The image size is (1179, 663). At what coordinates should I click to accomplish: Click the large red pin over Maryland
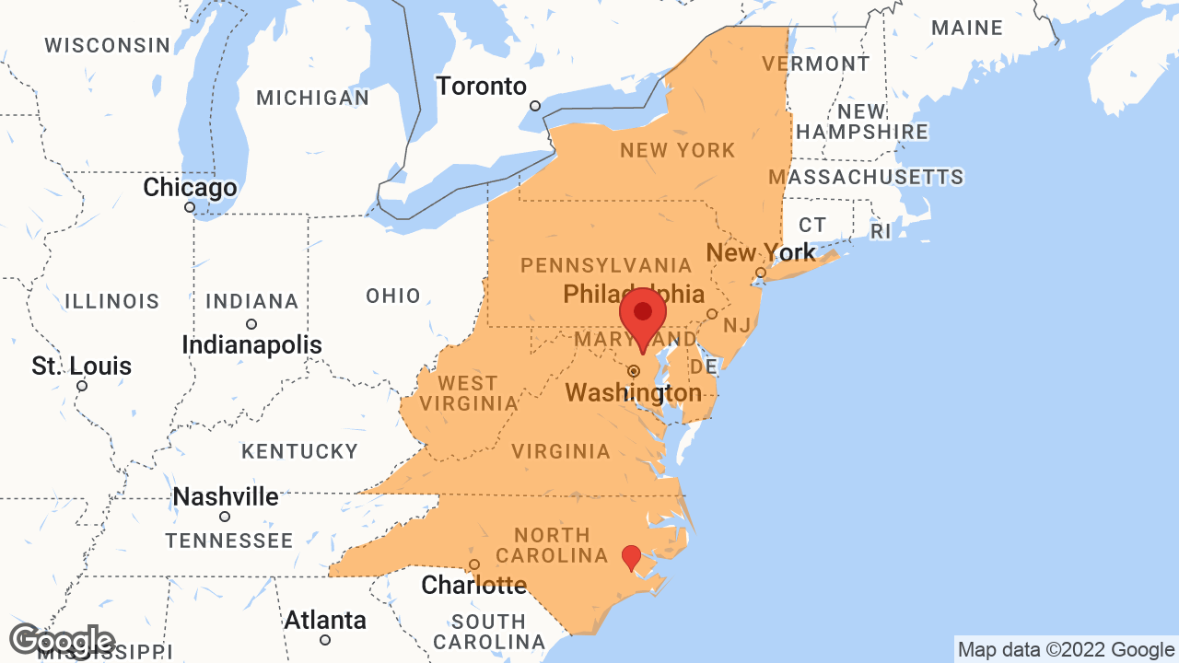643,314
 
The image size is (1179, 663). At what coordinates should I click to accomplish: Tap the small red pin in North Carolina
631,556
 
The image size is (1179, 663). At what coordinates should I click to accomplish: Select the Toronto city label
481,87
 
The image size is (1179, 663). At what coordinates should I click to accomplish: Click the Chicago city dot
190,207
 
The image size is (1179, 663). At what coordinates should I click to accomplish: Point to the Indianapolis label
251,345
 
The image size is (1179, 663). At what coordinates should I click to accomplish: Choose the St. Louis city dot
82,386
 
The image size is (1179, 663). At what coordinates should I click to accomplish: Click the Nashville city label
226,497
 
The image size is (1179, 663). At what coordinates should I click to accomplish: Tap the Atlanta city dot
324,640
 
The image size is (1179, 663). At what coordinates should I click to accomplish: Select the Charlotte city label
473,585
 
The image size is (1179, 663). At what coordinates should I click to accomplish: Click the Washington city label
634,394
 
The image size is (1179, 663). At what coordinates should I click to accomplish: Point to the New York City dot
760,273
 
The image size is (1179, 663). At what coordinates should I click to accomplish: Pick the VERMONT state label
815,64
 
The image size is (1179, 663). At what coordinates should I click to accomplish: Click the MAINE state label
966,28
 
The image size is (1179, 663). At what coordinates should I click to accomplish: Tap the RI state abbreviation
881,231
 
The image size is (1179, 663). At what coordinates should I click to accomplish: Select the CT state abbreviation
812,225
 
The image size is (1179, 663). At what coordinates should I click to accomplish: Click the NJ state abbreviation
737,324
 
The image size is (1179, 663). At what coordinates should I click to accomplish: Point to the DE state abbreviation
704,367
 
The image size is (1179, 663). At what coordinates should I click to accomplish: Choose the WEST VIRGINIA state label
468,393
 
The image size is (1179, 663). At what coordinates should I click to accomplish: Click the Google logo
62,642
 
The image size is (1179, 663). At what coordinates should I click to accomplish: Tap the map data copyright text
1066,650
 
